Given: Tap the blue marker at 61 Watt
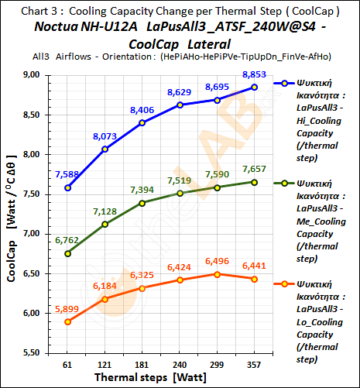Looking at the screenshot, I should click(x=69, y=187).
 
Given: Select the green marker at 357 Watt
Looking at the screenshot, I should click(x=255, y=182).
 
